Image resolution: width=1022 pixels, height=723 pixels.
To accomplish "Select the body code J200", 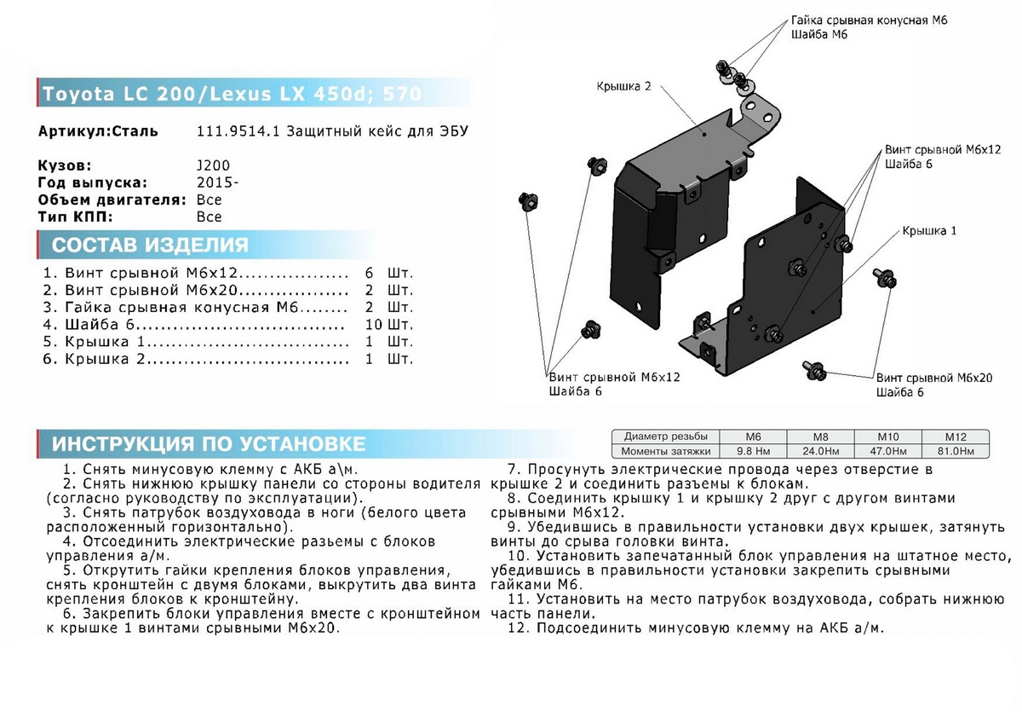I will [212, 165].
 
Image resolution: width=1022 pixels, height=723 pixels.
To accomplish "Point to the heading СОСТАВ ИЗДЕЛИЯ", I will [150, 246].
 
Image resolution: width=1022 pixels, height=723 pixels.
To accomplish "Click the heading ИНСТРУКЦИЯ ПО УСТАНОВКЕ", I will [209, 443].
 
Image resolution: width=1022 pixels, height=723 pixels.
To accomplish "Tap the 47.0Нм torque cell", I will [887, 451].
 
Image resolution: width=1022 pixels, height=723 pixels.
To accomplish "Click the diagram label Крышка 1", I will [929, 231].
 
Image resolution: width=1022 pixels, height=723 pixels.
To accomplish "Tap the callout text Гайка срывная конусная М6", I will [869, 20].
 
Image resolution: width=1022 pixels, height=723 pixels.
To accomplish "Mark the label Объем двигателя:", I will [112, 200].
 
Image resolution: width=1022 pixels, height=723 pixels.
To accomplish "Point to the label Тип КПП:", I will [76, 217].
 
